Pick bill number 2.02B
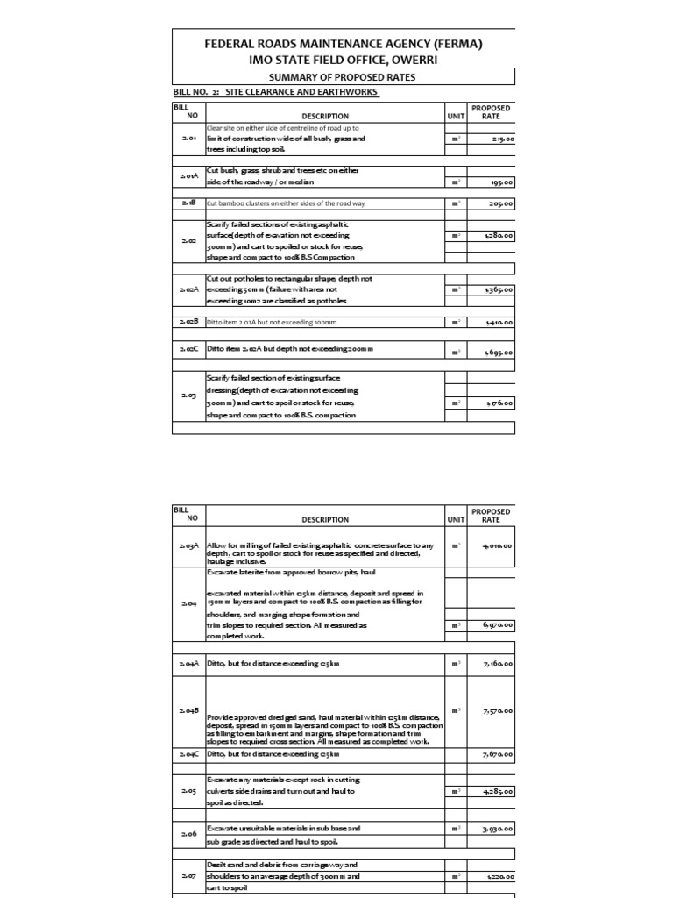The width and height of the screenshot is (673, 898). click(x=189, y=322)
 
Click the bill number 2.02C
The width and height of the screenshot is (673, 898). click(x=189, y=349)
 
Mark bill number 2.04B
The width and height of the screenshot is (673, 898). click(x=189, y=709)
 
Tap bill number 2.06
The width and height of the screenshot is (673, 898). click(x=189, y=834)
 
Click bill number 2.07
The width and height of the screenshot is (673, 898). click(x=189, y=875)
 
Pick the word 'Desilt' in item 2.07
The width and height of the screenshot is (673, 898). click(x=217, y=865)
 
